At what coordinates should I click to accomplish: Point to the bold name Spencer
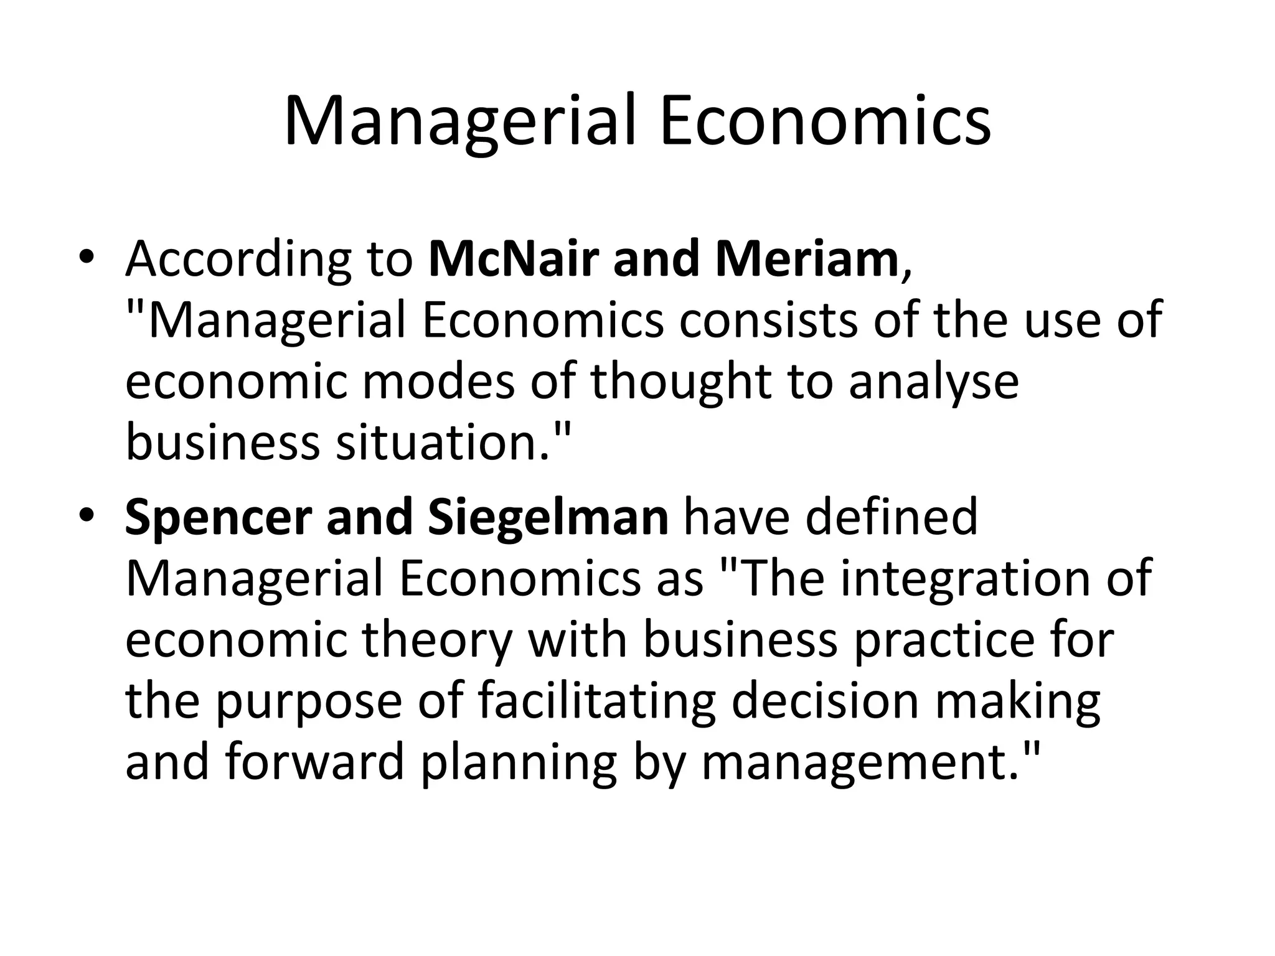click(x=217, y=518)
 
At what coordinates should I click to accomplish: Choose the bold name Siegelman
click(x=548, y=518)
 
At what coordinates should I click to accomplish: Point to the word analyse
click(x=934, y=383)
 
